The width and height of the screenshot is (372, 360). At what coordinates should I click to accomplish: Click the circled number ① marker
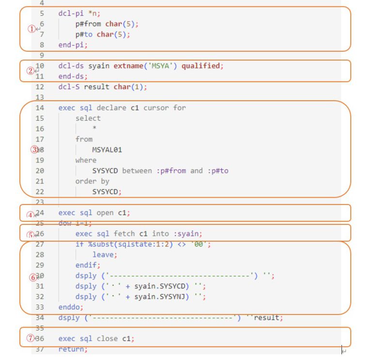pyautogui.click(x=31, y=29)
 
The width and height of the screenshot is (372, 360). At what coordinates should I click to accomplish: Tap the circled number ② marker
pyautogui.click(x=31, y=71)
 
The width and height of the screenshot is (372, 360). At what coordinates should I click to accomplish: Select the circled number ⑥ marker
pyautogui.click(x=33, y=278)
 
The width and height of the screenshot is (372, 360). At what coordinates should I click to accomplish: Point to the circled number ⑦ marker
pyautogui.click(x=31, y=339)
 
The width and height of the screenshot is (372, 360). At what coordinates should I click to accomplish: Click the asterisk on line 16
pyautogui.click(x=94, y=129)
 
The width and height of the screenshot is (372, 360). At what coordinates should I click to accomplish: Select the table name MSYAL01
pyautogui.click(x=107, y=150)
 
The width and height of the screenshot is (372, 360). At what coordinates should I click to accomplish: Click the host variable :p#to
pyautogui.click(x=217, y=171)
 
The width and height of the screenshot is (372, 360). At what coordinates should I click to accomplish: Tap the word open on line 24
pyautogui.click(x=105, y=213)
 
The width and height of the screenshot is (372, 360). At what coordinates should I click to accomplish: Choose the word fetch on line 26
pyautogui.click(x=124, y=234)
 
